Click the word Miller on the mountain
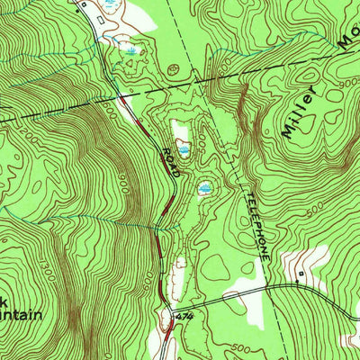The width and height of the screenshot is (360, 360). click(x=298, y=113)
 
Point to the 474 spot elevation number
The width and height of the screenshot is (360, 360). click(x=185, y=317)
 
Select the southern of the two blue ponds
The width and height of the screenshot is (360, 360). click(x=204, y=188)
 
